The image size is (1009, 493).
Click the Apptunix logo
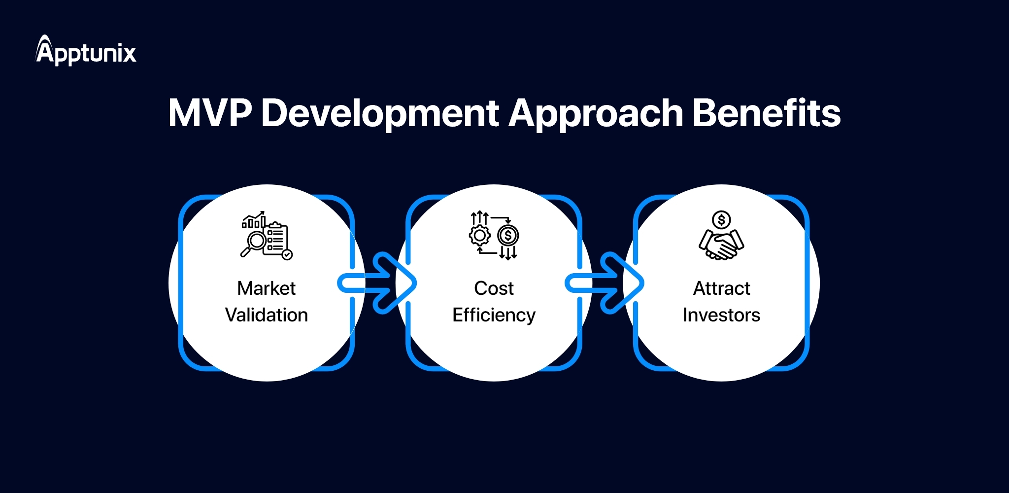tap(86, 51)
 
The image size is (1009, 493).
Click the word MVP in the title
tap(209, 113)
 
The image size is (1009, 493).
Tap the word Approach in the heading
tap(596, 113)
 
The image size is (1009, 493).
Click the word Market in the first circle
tap(266, 288)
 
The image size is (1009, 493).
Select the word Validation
tap(266, 315)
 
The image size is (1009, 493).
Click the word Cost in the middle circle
tap(494, 288)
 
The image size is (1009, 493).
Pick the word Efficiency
tap(494, 316)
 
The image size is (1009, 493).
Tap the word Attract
tap(721, 288)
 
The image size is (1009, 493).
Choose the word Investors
tap(721, 315)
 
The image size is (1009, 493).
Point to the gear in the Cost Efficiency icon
tap(479, 236)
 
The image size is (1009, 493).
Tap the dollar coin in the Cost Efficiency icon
tap(508, 236)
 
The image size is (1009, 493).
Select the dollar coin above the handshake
tap(721, 220)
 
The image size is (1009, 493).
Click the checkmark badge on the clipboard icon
tap(287, 254)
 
